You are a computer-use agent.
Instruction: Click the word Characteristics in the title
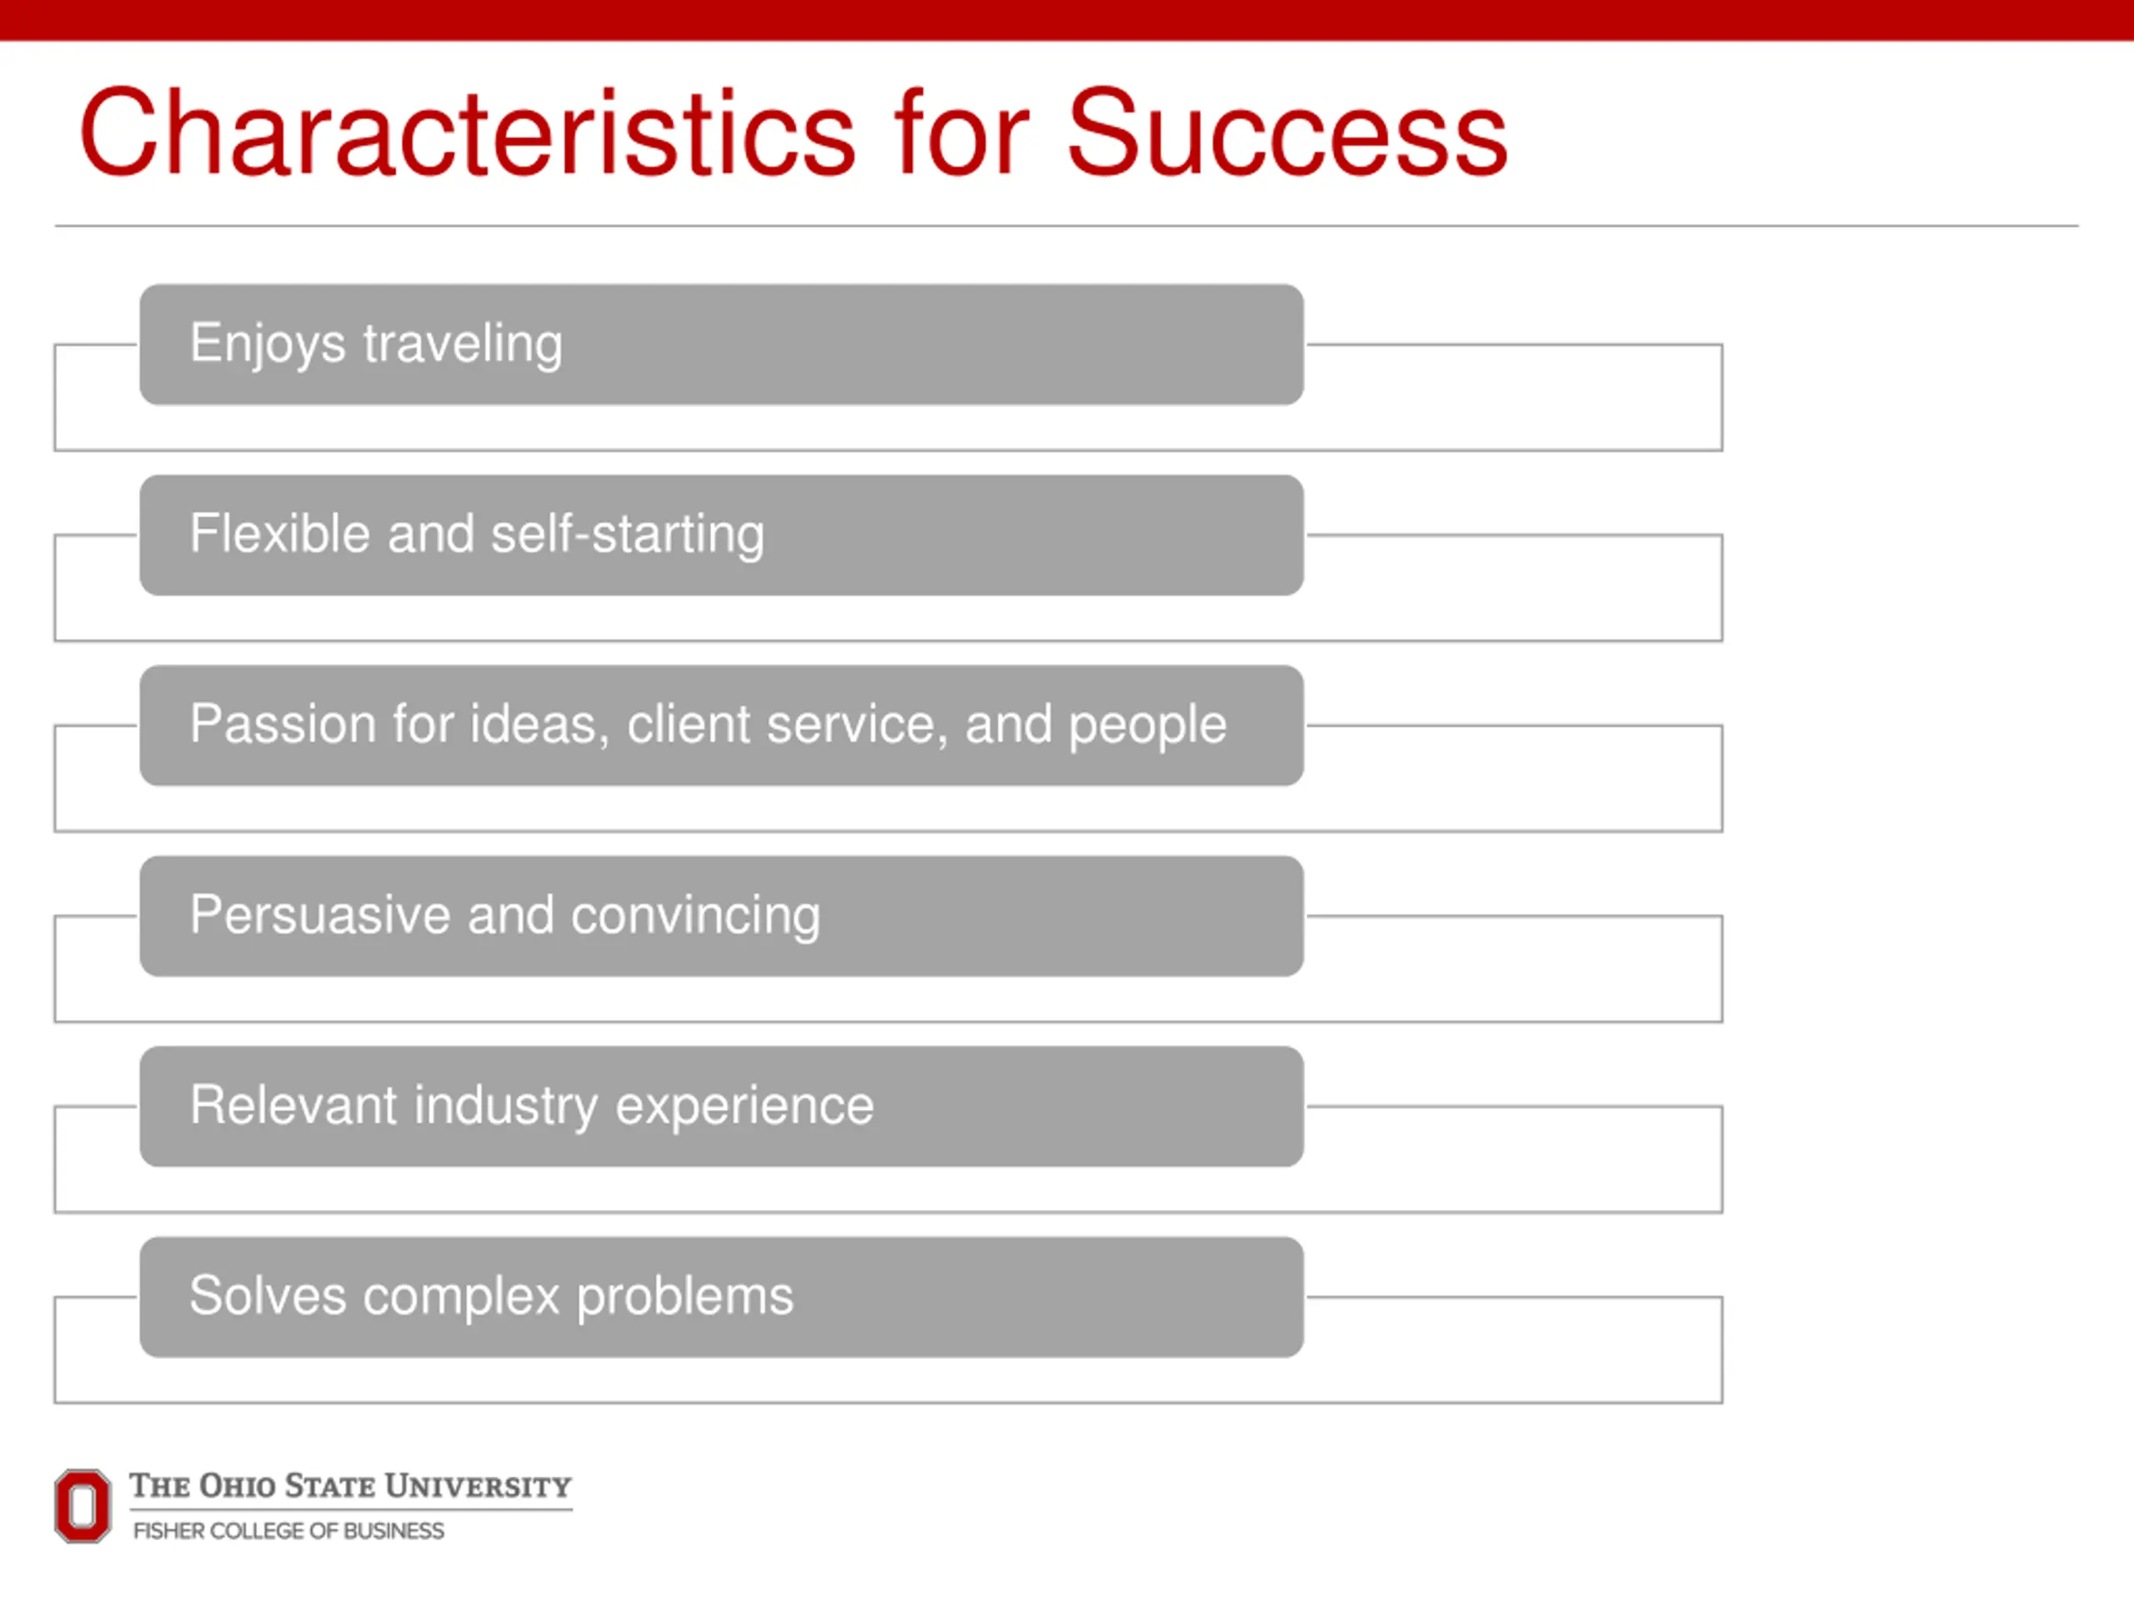[x=467, y=132]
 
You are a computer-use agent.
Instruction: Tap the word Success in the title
[x=1287, y=132]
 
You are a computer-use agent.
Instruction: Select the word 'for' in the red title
[x=962, y=132]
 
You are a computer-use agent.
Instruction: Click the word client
[x=689, y=723]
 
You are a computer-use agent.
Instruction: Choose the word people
[x=1147, y=725]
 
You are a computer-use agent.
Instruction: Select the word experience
[x=744, y=1106]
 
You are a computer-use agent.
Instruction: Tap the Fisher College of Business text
[x=288, y=1531]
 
